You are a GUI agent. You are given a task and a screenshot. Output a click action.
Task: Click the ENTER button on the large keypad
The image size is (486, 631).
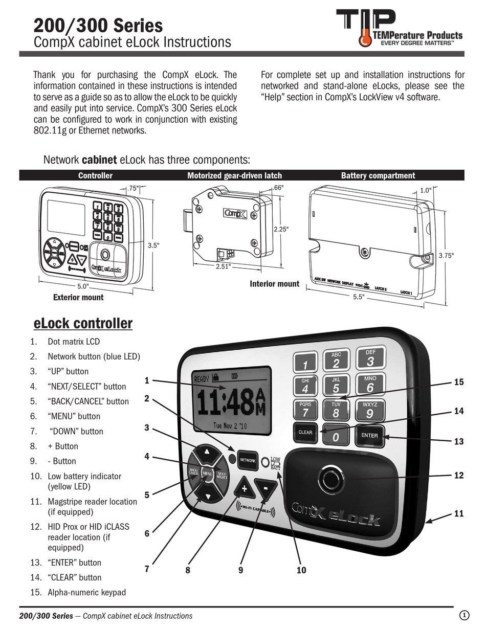click(x=369, y=435)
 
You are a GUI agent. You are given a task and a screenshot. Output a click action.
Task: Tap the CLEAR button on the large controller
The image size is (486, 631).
click(x=305, y=432)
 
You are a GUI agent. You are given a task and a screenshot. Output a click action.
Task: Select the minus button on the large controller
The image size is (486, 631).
click(x=266, y=489)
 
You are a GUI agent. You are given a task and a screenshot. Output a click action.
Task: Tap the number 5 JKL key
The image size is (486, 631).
click(x=336, y=386)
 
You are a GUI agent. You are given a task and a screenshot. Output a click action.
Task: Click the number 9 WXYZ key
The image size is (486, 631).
click(x=369, y=411)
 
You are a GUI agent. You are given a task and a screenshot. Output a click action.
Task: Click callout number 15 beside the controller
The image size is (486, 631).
click(x=459, y=382)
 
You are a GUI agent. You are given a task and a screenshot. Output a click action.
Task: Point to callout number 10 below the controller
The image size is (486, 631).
click(x=301, y=570)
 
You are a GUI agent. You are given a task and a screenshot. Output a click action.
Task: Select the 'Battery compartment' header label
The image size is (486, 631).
click(x=378, y=175)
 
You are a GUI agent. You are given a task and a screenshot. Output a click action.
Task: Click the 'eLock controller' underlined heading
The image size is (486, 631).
click(x=83, y=324)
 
